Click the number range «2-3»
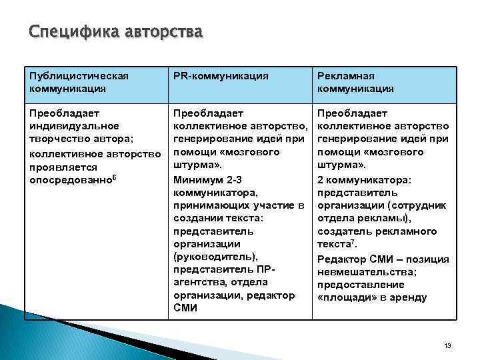click(x=234, y=180)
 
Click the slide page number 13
click(x=447, y=345)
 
